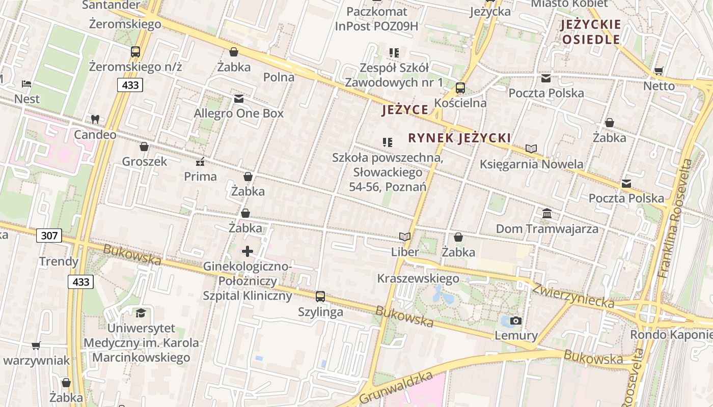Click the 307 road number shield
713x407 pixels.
point(49,235)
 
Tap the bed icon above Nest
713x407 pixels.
point(26,84)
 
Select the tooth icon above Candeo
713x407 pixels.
point(95,120)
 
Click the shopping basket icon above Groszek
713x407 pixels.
point(144,147)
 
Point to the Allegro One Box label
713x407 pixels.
point(238,113)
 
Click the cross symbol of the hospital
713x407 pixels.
point(248,251)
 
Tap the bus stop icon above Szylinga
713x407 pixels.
point(320,297)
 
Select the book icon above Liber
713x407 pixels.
point(405,237)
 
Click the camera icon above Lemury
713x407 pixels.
point(516,321)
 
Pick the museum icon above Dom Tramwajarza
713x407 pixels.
point(547,214)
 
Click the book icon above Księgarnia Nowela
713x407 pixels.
point(531,149)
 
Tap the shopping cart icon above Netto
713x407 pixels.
point(659,71)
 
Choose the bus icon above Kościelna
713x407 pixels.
point(460,88)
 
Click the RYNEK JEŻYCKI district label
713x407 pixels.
point(459,138)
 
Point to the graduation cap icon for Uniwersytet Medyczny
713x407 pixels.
point(141,313)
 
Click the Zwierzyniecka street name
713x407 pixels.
point(573,296)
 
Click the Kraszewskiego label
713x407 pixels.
point(418,278)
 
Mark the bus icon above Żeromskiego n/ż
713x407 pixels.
point(135,51)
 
